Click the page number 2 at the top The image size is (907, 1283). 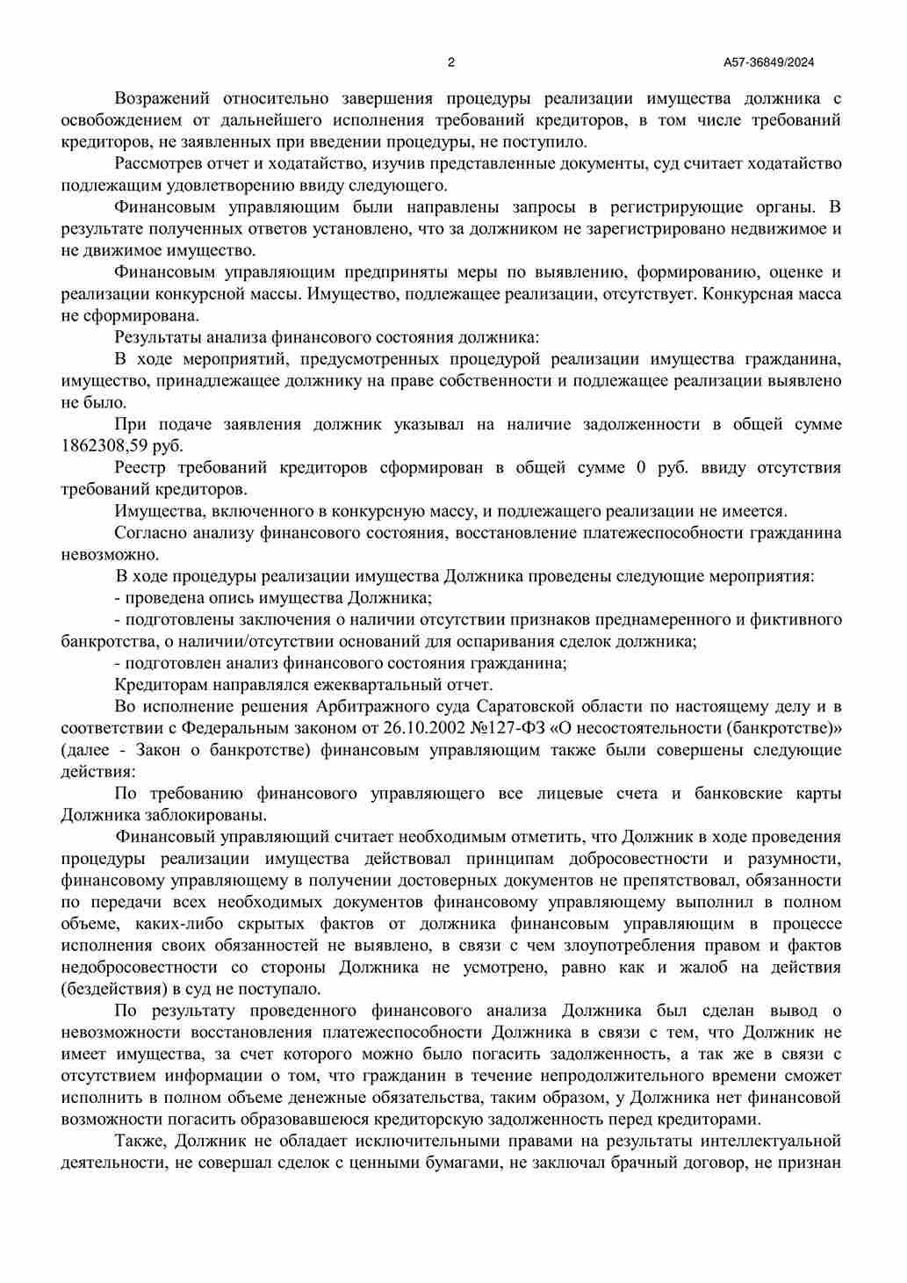coord(451,62)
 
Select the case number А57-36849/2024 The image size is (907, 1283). coord(769,62)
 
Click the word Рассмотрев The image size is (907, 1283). coord(158,163)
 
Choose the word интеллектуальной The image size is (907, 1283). coord(772,1141)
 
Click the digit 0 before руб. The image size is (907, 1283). coord(640,467)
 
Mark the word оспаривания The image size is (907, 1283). coord(516,641)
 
